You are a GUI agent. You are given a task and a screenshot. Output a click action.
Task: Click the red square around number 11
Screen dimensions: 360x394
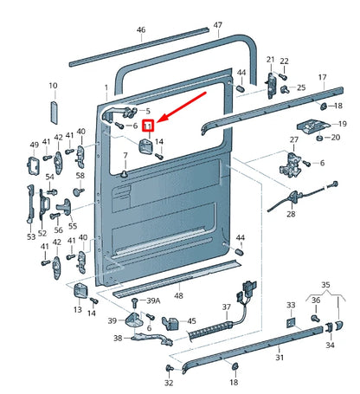[149, 126]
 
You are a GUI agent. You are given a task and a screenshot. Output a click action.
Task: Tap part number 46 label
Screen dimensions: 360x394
[141, 29]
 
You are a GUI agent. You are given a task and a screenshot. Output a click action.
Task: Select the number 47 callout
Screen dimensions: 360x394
[218, 25]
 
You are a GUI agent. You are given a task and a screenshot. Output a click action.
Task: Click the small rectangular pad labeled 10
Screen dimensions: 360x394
[54, 113]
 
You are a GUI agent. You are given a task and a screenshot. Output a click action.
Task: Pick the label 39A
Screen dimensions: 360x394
[153, 300]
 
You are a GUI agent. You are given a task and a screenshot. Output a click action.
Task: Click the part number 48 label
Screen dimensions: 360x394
[178, 295]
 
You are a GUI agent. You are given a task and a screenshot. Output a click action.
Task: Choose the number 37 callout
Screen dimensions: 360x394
[227, 307]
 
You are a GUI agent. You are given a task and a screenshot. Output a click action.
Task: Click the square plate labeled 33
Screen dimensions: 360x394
[291, 323]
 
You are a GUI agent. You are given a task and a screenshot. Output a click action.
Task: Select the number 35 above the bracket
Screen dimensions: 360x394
[325, 285]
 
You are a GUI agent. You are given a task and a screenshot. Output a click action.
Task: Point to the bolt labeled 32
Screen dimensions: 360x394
[169, 368]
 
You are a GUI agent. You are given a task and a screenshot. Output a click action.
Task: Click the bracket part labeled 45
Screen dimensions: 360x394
[170, 323]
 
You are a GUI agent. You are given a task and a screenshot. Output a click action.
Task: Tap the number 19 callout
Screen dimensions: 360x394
[343, 124]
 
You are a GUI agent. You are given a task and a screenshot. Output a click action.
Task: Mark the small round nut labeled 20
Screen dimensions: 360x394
[319, 138]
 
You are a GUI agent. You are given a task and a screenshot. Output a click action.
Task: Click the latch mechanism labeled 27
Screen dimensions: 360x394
[291, 164]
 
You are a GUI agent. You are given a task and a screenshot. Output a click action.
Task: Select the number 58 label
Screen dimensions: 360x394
[80, 175]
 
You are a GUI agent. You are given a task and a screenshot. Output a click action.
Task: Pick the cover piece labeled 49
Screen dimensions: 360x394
[33, 165]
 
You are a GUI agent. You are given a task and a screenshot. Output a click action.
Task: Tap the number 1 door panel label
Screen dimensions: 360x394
[106, 87]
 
